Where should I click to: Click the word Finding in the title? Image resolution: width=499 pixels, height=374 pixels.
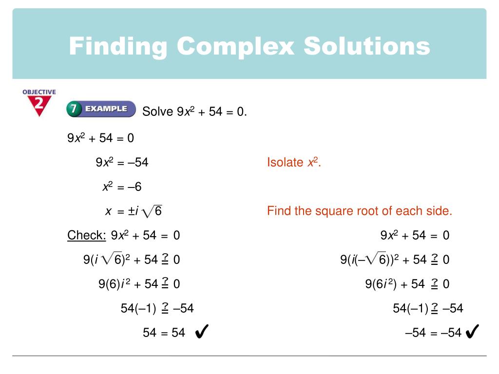[118, 47]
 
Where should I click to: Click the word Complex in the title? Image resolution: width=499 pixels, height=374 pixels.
[236, 47]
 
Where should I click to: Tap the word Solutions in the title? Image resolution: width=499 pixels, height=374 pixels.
[367, 47]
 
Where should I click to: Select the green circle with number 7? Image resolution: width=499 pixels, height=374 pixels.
[74, 110]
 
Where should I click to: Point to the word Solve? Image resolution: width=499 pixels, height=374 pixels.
[157, 112]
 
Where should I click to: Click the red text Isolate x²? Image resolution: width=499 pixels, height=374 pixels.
[294, 163]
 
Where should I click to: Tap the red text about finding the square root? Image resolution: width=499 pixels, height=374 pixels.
[360, 211]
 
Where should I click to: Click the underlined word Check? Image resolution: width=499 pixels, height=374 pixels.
[86, 236]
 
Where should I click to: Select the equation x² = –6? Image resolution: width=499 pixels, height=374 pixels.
[122, 187]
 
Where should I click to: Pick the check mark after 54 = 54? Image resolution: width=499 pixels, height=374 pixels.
[201, 333]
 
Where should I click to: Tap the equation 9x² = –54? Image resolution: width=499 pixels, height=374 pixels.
[122, 163]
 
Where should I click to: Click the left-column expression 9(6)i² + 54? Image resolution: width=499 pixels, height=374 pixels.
[128, 284]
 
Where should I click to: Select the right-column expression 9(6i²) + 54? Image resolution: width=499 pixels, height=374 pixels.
[395, 284]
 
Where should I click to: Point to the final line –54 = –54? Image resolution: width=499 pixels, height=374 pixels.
[433, 333]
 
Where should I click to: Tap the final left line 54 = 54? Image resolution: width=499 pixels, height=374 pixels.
[164, 333]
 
